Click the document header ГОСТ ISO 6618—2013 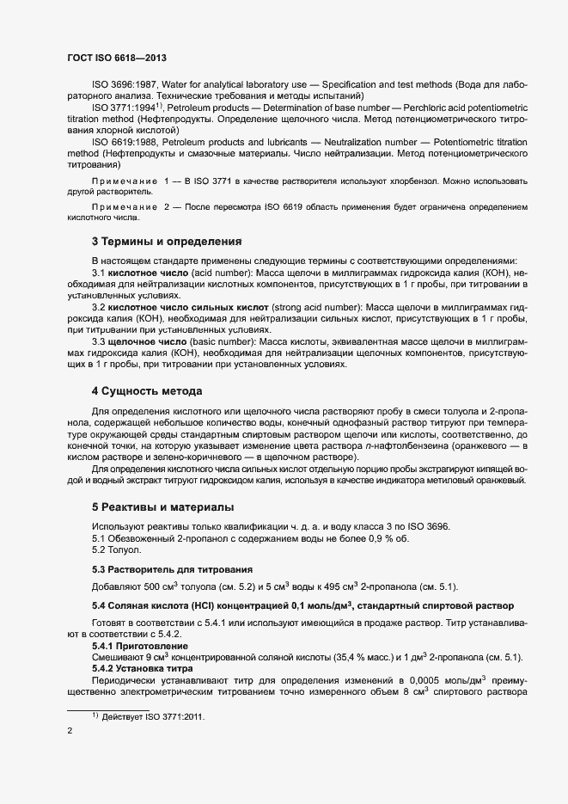[x=116, y=57]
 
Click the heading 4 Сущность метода [x=147, y=391]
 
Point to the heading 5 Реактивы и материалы [x=162, y=506]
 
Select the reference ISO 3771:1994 [x=124, y=108]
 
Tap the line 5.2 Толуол [x=117, y=549]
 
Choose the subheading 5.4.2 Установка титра [x=144, y=668]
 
